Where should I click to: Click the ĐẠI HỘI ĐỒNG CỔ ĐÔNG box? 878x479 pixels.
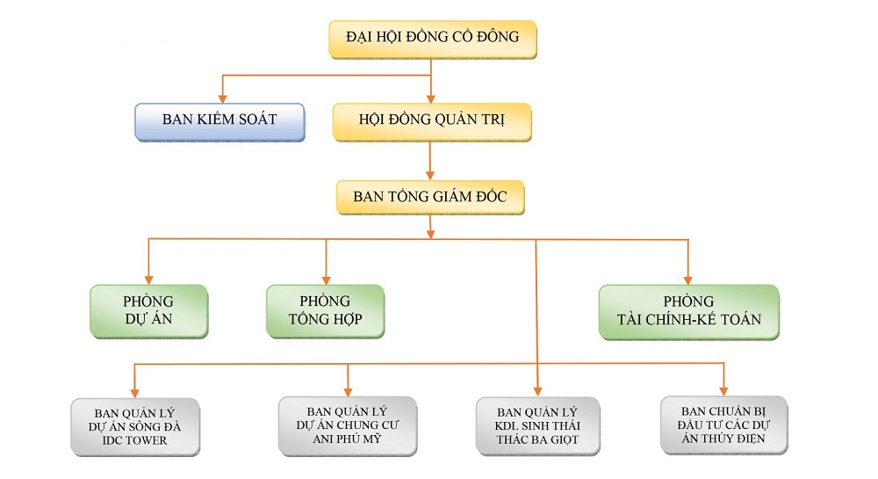click(x=432, y=38)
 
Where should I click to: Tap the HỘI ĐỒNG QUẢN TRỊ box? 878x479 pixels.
click(x=432, y=120)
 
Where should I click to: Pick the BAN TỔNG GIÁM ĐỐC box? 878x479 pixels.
click(x=430, y=197)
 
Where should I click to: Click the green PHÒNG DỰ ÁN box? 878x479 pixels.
click(x=148, y=311)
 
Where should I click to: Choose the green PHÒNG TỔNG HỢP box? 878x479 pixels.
click(x=325, y=311)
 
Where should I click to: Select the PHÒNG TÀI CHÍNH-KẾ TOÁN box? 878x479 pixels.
click(x=688, y=311)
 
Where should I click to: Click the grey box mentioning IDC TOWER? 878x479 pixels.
click(x=135, y=426)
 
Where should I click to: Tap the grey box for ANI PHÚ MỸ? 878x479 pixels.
click(x=347, y=425)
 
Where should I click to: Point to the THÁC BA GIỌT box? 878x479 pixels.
click(x=538, y=425)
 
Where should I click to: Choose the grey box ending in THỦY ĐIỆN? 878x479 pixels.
click(x=723, y=425)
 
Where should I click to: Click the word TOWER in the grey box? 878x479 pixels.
click(x=145, y=439)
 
